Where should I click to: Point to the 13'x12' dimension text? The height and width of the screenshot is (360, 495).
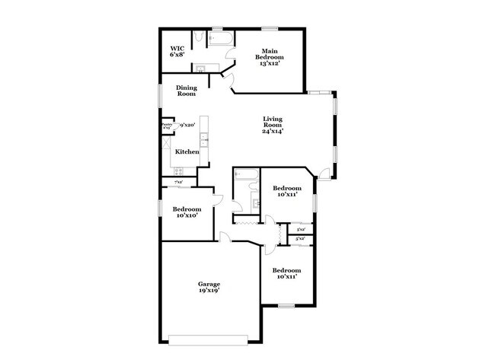(x=269, y=64)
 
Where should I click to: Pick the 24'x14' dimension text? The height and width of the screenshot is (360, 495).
(x=273, y=132)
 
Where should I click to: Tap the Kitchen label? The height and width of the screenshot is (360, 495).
(x=187, y=151)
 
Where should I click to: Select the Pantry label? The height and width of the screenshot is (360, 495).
(x=166, y=124)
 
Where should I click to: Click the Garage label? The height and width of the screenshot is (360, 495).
(x=209, y=284)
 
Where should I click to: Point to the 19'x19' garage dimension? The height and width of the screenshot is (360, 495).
(x=209, y=291)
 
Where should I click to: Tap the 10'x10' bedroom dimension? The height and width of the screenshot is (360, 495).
(x=187, y=215)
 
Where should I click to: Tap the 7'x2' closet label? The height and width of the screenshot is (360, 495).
(x=178, y=183)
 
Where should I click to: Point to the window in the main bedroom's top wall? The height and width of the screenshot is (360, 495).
(x=269, y=29)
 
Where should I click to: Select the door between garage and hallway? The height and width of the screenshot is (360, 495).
(x=225, y=237)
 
